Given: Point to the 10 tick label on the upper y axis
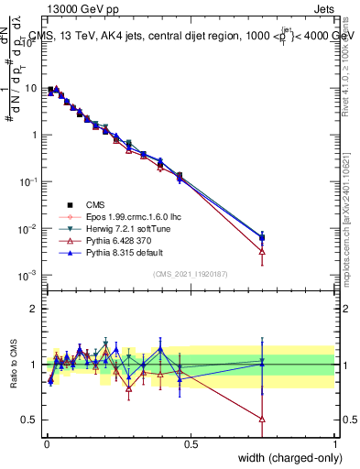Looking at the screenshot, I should point(31,89).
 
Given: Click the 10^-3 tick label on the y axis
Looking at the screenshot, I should point(29,275).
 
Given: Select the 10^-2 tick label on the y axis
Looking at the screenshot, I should point(29,228).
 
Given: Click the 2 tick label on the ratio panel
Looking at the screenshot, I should point(36,309).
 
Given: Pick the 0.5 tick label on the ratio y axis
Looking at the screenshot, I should point(30,420).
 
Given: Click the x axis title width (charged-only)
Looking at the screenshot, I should point(287,457).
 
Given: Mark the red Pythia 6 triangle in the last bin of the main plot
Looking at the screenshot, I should point(262,251).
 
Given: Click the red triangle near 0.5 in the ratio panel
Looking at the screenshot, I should point(262,419).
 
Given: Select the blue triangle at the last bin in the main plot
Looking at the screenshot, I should point(262,237).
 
